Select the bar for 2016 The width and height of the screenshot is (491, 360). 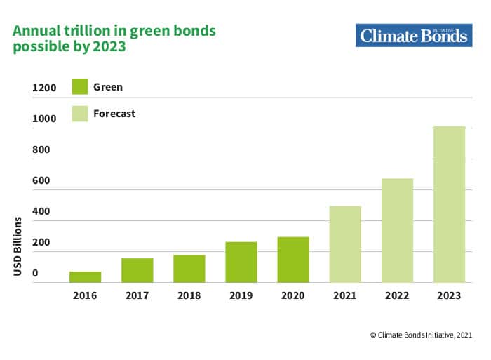[x=85, y=276]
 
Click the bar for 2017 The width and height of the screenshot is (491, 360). [x=137, y=270]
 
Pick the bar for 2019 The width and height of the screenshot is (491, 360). [x=241, y=262]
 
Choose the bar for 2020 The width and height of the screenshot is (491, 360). [x=292, y=260]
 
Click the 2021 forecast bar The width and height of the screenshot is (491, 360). [x=344, y=244]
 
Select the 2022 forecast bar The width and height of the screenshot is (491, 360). [x=396, y=230]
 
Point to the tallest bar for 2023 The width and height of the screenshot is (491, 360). [x=449, y=204]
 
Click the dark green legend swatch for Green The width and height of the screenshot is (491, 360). [x=80, y=87]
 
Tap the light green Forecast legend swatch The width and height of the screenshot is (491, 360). [x=80, y=113]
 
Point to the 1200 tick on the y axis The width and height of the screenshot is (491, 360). [x=43, y=88]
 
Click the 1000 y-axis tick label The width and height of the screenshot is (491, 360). [x=43, y=119]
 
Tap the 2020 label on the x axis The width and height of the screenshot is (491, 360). [x=292, y=295]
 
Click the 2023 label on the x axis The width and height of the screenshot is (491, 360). [x=449, y=295]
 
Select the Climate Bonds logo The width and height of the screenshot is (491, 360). [x=413, y=34]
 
